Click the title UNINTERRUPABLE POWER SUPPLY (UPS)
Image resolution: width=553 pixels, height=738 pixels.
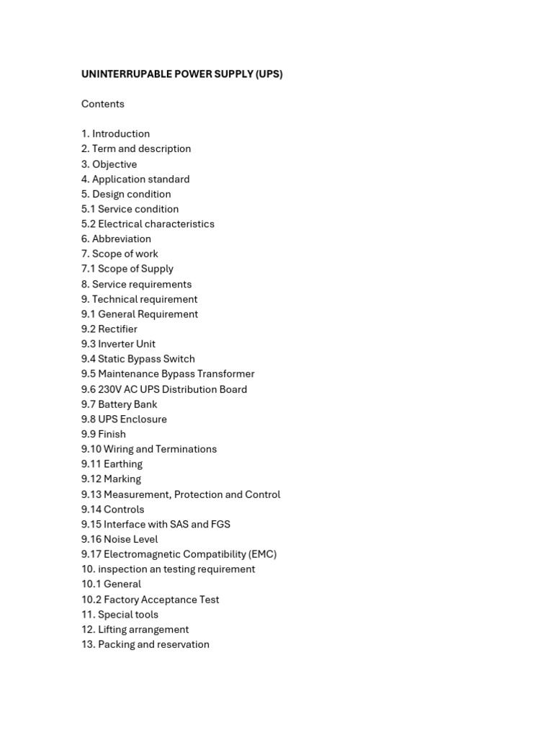coord(181,74)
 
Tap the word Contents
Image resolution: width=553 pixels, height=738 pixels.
coord(103,104)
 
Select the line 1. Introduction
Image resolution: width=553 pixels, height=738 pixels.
coord(115,134)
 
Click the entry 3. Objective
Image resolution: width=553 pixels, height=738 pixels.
coord(109,164)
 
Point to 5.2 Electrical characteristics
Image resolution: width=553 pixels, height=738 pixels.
coord(148,224)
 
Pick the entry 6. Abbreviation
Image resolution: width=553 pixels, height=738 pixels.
coord(116,239)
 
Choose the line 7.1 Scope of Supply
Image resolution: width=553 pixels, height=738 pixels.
coord(127,269)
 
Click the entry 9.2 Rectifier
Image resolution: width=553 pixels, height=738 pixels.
coord(109,329)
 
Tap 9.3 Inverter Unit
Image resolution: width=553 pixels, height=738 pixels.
coord(118,344)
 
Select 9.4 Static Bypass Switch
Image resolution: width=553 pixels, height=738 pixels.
coord(138,359)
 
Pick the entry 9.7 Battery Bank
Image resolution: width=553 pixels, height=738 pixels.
coord(119,404)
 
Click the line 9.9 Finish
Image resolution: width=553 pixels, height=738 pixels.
coord(103,435)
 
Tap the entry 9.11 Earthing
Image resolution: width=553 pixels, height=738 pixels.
coord(112,464)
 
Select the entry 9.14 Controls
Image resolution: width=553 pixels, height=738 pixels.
coord(112,510)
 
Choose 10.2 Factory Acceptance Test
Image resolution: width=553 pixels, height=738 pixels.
coord(150,600)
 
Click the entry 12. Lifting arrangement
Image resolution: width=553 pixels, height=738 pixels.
coord(135,630)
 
